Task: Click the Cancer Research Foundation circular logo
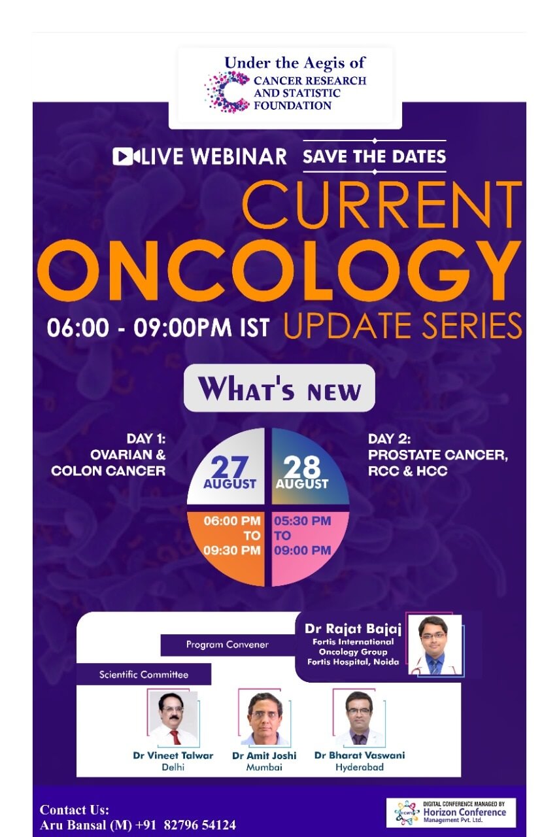(x=227, y=92)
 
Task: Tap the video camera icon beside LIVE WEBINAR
(x=126, y=156)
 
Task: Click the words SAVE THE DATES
(x=375, y=156)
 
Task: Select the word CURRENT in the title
(x=382, y=205)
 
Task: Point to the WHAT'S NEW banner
(x=279, y=388)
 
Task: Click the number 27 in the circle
(x=229, y=467)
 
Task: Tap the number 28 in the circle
(x=301, y=467)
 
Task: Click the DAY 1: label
(x=146, y=439)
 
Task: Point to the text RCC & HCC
(x=408, y=471)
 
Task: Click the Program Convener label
(x=227, y=645)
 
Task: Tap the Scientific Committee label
(x=144, y=674)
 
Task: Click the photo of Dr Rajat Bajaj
(x=435, y=645)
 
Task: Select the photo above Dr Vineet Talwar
(x=173, y=718)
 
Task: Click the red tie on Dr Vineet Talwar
(x=175, y=737)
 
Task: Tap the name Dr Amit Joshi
(x=264, y=755)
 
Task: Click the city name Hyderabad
(x=360, y=767)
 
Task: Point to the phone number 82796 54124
(x=199, y=825)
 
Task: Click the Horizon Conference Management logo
(x=451, y=813)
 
